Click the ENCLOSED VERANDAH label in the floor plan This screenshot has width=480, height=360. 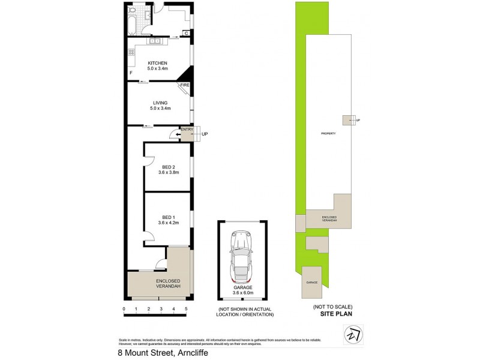point(168,284)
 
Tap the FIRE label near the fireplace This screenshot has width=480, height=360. point(185,86)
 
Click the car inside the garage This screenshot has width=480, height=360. point(242,259)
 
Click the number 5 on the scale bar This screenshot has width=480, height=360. point(186,308)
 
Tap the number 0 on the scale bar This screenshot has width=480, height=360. point(124,308)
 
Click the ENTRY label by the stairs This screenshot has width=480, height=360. point(186,130)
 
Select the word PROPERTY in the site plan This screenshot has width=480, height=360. point(328,133)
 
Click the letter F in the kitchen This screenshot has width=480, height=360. point(130,73)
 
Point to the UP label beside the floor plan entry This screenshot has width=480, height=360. point(205,134)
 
